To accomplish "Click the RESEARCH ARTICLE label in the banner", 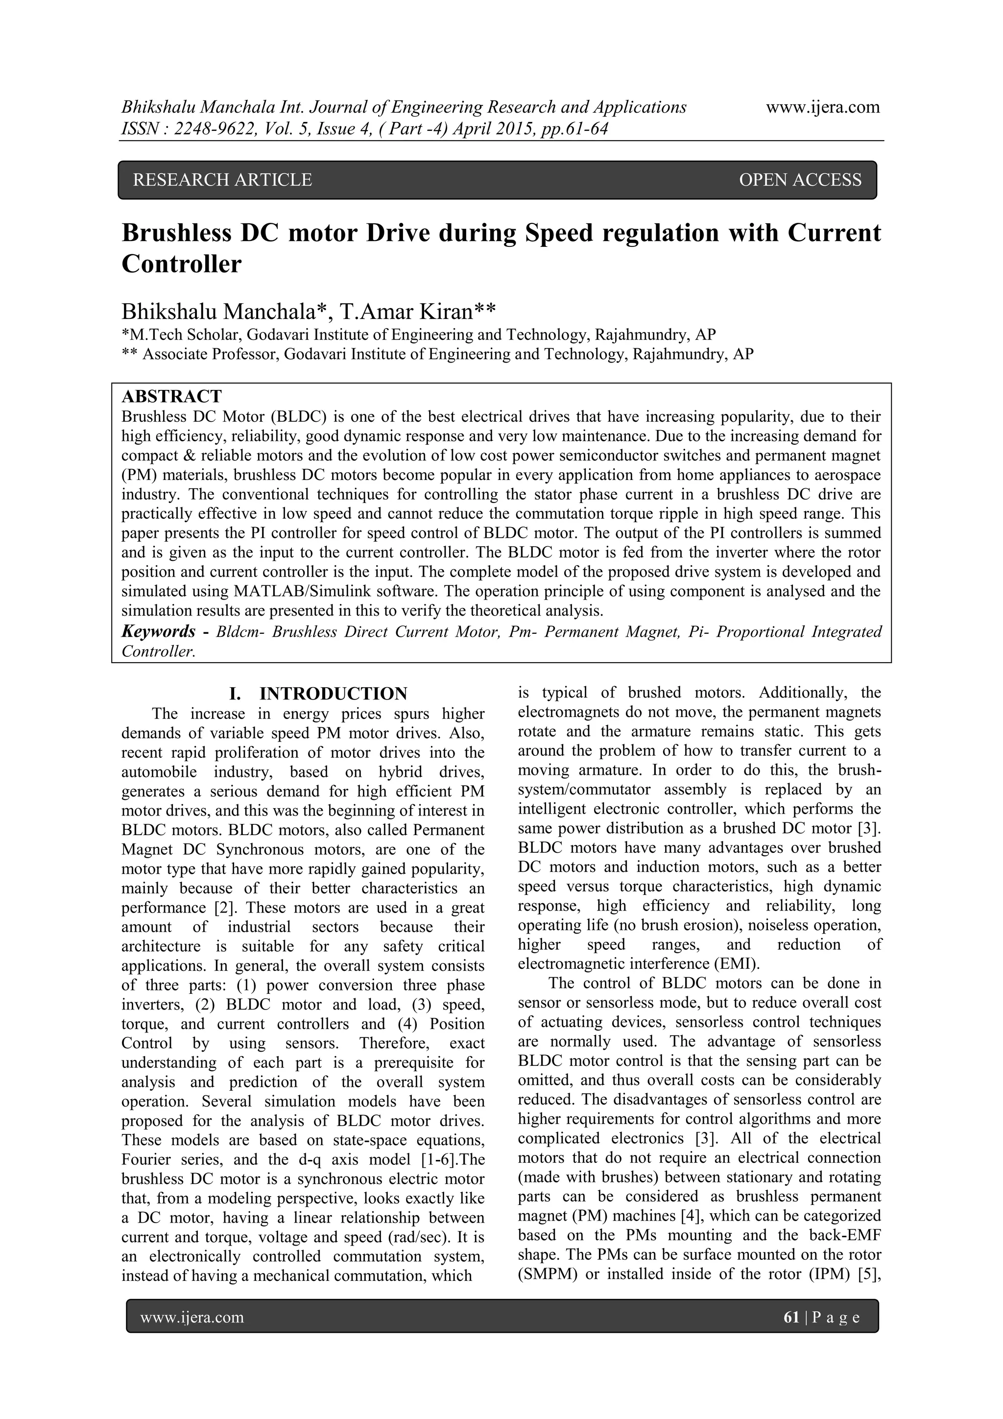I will [x=222, y=180].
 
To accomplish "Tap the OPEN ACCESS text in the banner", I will [x=800, y=180].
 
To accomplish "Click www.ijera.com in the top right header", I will [x=823, y=108].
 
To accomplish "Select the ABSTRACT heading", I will [x=172, y=396].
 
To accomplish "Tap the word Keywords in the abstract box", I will [x=159, y=632].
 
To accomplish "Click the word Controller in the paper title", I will [x=181, y=265].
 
